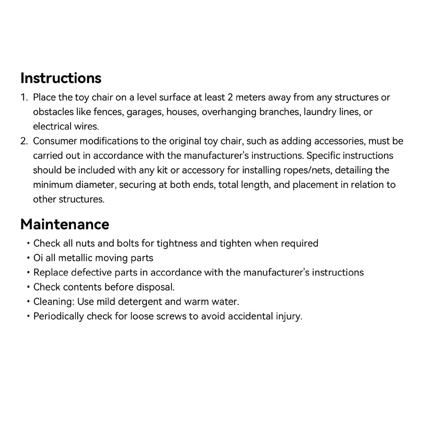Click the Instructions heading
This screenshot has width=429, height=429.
point(61,78)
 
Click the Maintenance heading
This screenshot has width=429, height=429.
point(65,224)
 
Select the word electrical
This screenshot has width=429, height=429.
point(50,127)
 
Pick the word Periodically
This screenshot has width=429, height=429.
point(58,316)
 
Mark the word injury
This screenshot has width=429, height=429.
point(290,316)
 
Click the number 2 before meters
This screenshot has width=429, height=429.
point(230,97)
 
